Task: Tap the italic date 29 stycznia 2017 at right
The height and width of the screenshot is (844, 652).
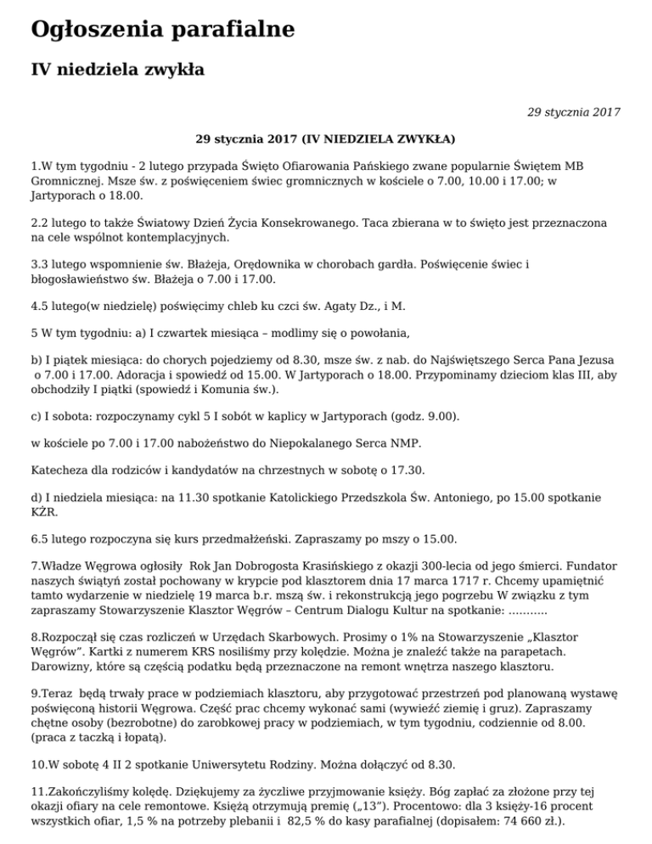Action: (x=574, y=111)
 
